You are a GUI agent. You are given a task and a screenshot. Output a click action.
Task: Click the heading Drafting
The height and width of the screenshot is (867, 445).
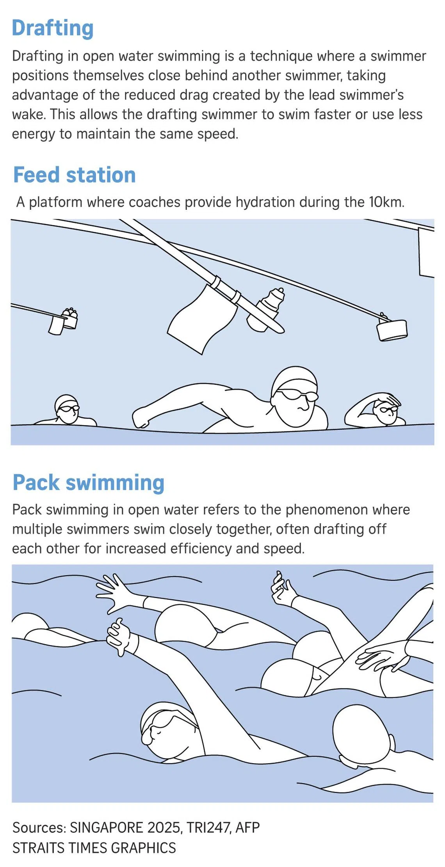click(x=53, y=28)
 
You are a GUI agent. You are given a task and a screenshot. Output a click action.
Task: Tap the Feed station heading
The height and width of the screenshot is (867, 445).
click(x=75, y=175)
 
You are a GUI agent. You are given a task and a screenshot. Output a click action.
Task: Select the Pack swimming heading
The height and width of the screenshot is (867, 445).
click(x=89, y=483)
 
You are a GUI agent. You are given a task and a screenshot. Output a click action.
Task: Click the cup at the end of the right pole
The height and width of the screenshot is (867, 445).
click(x=392, y=330)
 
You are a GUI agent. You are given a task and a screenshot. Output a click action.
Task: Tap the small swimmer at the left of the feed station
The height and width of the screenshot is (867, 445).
click(x=66, y=411)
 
